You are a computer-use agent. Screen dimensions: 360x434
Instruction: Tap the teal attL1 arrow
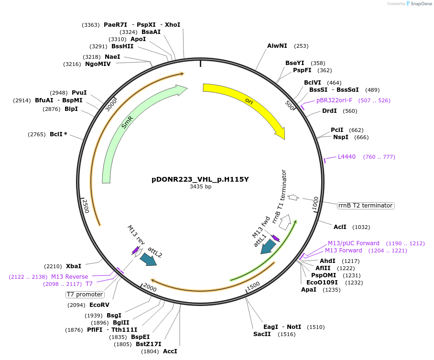click(x=268, y=247)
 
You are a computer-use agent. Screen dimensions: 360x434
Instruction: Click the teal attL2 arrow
click(x=148, y=259)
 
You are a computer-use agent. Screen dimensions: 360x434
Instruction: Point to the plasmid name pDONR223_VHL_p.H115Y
click(x=200, y=180)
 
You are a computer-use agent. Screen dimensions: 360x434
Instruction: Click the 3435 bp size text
click(x=200, y=187)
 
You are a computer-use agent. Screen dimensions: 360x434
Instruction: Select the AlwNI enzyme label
click(x=277, y=46)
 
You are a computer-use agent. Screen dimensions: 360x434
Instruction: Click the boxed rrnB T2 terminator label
click(x=366, y=206)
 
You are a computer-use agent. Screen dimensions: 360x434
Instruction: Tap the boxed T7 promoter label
click(x=85, y=295)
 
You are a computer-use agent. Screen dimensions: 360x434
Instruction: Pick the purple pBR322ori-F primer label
click(x=334, y=100)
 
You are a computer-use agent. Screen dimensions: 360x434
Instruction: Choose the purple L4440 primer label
click(x=347, y=157)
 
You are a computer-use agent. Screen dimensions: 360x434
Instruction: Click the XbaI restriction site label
click(x=73, y=266)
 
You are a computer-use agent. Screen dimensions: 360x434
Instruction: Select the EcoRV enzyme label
click(x=99, y=305)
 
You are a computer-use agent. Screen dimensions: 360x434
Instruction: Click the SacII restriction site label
click(x=262, y=334)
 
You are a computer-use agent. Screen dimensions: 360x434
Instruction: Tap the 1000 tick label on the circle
click(x=315, y=203)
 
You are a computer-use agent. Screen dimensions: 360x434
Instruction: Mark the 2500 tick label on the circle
click(x=86, y=207)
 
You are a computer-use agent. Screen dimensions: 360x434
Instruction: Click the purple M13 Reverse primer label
click(x=70, y=276)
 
